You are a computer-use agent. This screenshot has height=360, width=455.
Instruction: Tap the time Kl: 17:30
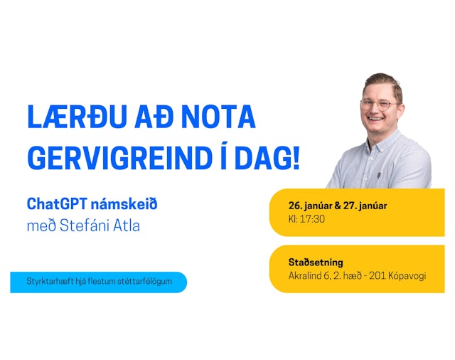pos(306,219)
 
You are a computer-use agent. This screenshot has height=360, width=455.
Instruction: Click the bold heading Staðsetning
pos(316,262)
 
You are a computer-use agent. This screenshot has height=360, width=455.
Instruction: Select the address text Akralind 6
pos(311,275)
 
